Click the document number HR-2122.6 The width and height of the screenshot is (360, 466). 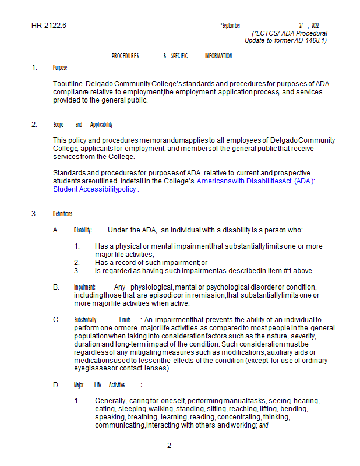pos(49,26)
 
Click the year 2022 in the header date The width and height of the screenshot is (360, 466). pos(315,26)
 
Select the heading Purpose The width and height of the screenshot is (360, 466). pos(60,68)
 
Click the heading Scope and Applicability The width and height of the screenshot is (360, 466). pos(83,125)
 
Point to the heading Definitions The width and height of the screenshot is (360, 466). pos(62,214)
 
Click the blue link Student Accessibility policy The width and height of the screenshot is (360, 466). pos(95,189)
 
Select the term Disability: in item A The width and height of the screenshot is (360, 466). pos(83,230)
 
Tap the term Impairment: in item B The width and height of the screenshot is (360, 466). pos(84,287)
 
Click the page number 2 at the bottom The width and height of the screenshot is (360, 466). pos(169,446)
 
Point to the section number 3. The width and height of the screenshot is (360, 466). pos(34,214)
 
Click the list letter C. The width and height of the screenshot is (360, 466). pos(56,320)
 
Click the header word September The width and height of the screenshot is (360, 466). pos(231,26)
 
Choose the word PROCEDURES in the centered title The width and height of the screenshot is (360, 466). pos(125,56)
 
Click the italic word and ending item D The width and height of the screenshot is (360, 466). pos(263,426)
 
